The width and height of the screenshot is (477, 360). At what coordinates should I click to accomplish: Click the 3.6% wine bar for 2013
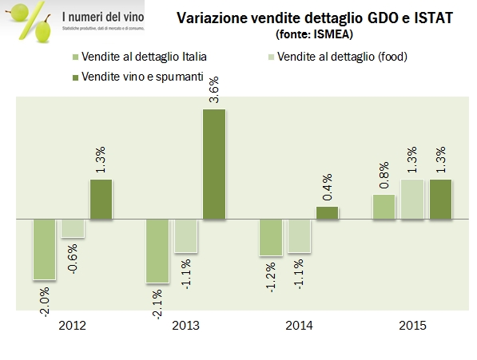tap(214, 164)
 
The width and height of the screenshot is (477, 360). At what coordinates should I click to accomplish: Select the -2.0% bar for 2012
tap(43, 249)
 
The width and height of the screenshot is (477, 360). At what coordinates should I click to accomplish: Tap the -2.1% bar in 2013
tap(157, 251)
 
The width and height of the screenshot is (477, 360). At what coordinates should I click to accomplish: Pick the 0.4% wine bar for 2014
tap(328, 212)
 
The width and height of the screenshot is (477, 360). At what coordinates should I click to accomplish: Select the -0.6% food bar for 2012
tap(73, 227)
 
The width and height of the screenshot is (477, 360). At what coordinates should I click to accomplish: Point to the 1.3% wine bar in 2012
tap(101, 199)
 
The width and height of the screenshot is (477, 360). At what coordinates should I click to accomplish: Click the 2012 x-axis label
tap(73, 326)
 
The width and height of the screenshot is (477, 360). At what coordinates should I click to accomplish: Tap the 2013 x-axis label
tap(185, 326)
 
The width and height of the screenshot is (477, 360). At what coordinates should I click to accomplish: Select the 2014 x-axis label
tap(299, 326)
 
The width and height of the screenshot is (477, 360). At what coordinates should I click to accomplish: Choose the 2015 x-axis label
tap(412, 326)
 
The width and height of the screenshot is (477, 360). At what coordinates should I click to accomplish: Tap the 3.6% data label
tap(213, 95)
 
